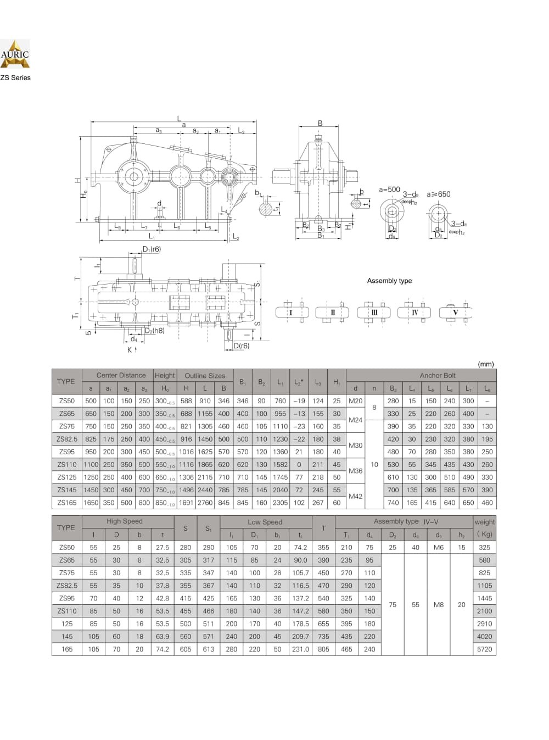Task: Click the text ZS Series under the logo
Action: click(15, 78)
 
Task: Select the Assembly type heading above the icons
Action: click(389, 281)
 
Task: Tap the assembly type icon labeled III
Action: click(374, 313)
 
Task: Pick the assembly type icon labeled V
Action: click(455, 313)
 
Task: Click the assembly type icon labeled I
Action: click(291, 313)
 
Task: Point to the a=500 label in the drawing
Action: click(390, 190)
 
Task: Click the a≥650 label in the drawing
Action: click(438, 194)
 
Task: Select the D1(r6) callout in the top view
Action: click(152, 249)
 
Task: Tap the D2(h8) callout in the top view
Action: click(154, 331)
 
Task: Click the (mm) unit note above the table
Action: click(486, 364)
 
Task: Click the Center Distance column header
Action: click(121, 376)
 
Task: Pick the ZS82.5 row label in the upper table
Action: click(67, 439)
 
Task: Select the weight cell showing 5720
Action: click(485, 649)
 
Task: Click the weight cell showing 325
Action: click(485, 548)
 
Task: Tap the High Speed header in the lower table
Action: click(125, 521)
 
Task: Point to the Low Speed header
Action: click(265, 522)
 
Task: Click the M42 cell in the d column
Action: click(356, 497)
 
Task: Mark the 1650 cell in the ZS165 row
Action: click(91, 503)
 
